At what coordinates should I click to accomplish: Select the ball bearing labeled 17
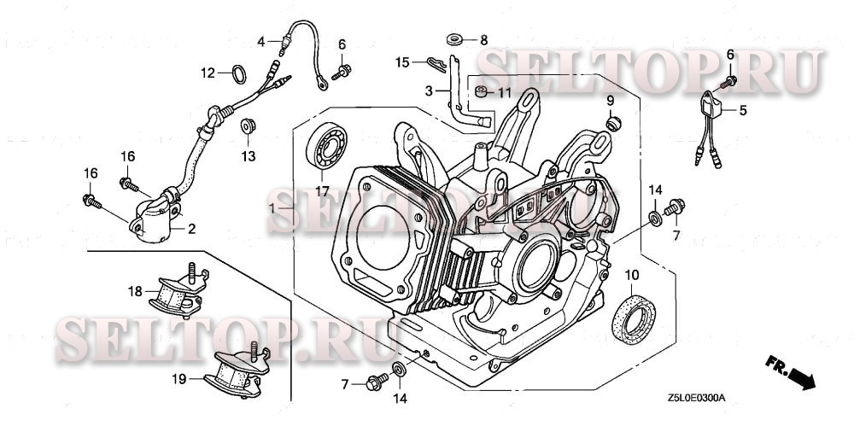pyautogui.click(x=328, y=146)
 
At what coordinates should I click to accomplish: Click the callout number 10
pyautogui.click(x=632, y=274)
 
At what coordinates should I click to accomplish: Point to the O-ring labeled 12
pyautogui.click(x=238, y=73)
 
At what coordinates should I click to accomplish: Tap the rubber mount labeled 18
pyautogui.click(x=175, y=295)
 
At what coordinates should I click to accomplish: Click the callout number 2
pyautogui.click(x=192, y=228)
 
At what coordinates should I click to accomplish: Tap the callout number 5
pyautogui.click(x=743, y=109)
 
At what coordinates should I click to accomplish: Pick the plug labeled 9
pyautogui.click(x=611, y=125)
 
